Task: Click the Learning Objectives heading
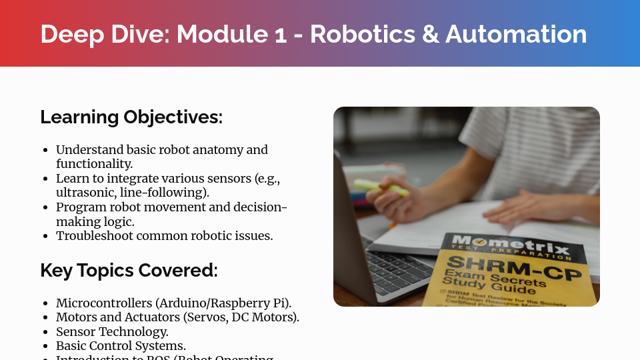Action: click(131, 117)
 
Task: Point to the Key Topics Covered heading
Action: click(129, 271)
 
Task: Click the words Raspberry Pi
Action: click(255, 303)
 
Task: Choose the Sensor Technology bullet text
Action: click(112, 331)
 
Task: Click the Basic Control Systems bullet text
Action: click(121, 346)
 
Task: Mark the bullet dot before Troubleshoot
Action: click(45, 237)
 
